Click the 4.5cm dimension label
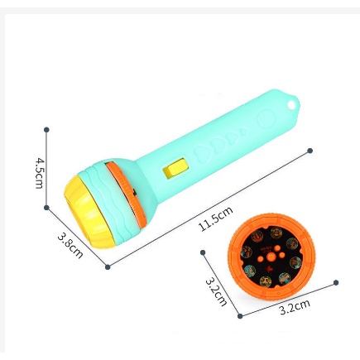pos(39,173)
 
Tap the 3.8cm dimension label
pos(70,245)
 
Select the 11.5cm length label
pos(216,218)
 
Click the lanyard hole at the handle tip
pos(291,105)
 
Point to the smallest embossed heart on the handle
pos(243,132)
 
